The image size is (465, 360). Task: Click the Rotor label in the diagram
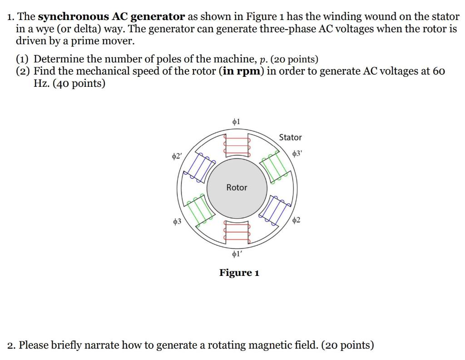coord(237,187)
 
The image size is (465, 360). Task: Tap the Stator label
coord(290,137)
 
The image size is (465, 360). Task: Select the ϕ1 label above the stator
coord(236,121)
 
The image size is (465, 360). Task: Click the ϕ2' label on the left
coord(177,156)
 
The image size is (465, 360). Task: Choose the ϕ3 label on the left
coord(177,221)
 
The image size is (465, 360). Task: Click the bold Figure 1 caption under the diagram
coord(239,273)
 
